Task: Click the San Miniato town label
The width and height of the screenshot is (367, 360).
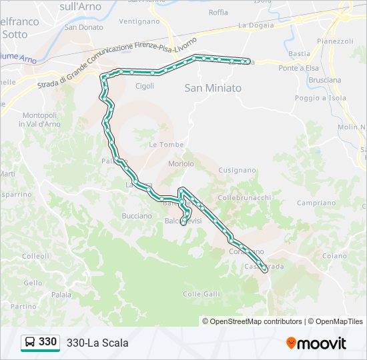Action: (213, 88)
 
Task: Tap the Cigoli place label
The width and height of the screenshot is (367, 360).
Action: (145, 86)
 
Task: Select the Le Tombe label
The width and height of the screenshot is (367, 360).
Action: (161, 145)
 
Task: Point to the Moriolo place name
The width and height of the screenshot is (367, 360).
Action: (181, 163)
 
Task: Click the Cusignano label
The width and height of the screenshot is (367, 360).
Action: (237, 170)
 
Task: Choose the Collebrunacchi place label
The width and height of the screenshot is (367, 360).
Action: (244, 198)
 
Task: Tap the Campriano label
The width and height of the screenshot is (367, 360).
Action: (316, 203)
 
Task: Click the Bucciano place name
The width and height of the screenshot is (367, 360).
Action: (137, 215)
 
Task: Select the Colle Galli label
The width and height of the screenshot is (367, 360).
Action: (201, 294)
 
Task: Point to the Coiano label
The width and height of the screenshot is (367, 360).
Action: (334, 256)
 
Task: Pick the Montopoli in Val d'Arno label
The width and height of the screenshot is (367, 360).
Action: (41, 119)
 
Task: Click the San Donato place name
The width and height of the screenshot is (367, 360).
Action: (84, 27)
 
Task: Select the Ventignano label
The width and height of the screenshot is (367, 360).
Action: (139, 21)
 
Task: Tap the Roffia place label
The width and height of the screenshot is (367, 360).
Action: (218, 13)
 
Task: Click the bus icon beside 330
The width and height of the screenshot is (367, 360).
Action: (30, 343)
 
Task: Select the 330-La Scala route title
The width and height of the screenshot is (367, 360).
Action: (97, 343)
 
